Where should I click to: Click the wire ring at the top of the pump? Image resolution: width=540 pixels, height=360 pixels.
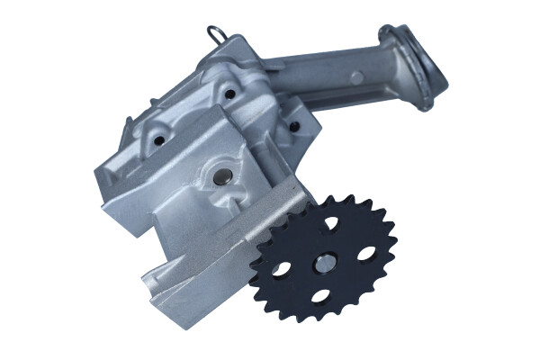pos(214,35)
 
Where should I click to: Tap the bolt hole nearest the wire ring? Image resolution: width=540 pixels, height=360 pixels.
pos(229,93)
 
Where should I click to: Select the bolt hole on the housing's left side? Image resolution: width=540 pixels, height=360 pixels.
pos(160,140)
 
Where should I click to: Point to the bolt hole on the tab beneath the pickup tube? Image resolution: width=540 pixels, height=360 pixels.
pos(293,125)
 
